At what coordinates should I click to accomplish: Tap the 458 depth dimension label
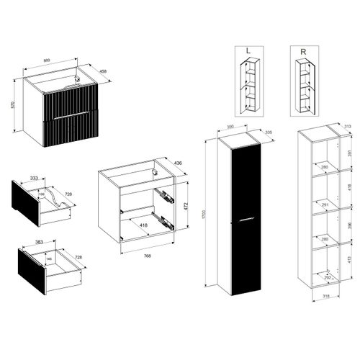point(104,71)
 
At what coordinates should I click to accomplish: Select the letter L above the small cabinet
point(248,51)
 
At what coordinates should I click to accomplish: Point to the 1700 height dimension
point(204,214)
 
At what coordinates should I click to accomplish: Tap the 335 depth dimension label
point(269,132)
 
